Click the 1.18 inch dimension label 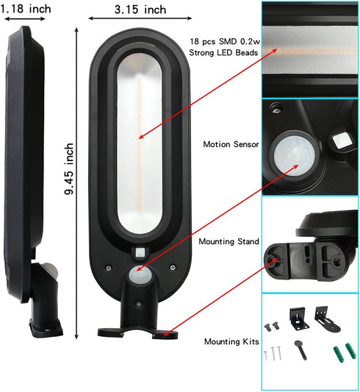pyautogui.click(x=26, y=10)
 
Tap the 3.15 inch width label pyautogui.click(x=140, y=10)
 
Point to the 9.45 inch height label pyautogui.click(x=69, y=168)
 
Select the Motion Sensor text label pyautogui.click(x=231, y=144)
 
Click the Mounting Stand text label pyautogui.click(x=228, y=241)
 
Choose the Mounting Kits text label pyautogui.click(x=231, y=341)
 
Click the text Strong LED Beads pyautogui.click(x=223, y=53)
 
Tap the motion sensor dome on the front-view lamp pyautogui.click(x=140, y=275)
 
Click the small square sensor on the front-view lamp pyautogui.click(x=140, y=252)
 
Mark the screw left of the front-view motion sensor pyautogui.click(x=108, y=268)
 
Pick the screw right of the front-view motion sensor pyautogui.click(x=172, y=268)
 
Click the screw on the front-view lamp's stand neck pyautogui.click(x=139, y=304)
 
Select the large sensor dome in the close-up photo pyautogui.click(x=294, y=155)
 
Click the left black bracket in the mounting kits pyautogui.click(x=298, y=319)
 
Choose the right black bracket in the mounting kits pyautogui.click(x=327, y=319)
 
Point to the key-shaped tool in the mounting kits pyautogui.click(x=300, y=350)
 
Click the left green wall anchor pyautogui.click(x=339, y=354)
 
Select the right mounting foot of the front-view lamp pyautogui.click(x=165, y=334)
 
